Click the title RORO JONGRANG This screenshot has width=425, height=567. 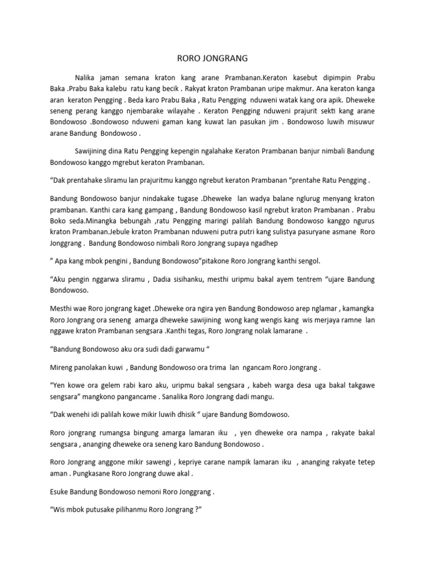pos(212,58)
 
